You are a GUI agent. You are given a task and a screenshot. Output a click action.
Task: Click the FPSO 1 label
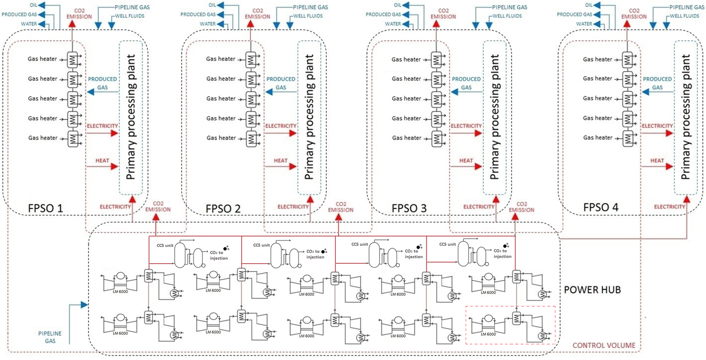pyautogui.click(x=45, y=208)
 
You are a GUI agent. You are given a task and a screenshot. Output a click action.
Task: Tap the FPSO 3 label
pyautogui.click(x=409, y=208)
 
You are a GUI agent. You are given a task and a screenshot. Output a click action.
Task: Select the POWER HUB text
pyautogui.click(x=592, y=290)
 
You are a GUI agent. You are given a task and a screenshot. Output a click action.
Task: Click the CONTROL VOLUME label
pyautogui.click(x=604, y=345)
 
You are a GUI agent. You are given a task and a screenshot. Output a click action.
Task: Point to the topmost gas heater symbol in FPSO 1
pyautogui.click(x=73, y=60)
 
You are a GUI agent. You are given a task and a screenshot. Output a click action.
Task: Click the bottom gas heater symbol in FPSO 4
pyautogui.click(x=628, y=138)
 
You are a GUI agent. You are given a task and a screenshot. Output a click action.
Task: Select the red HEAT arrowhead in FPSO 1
pyautogui.click(x=115, y=166)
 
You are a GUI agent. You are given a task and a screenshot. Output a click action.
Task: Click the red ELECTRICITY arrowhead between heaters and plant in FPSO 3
pyautogui.click(x=479, y=133)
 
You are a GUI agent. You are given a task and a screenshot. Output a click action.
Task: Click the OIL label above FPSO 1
pyautogui.click(x=33, y=5)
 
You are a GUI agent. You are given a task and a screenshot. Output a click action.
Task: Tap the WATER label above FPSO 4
pyautogui.click(x=584, y=24)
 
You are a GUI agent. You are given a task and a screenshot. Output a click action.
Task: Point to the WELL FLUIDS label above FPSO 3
pyautogui.click(x=507, y=16)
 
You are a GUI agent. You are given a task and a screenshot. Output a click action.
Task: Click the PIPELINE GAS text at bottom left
pyautogui.click(x=50, y=337)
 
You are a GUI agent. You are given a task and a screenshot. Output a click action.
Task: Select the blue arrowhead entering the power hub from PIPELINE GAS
pyautogui.click(x=84, y=305)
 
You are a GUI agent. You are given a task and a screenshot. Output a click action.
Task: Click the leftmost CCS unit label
pyautogui.click(x=165, y=245)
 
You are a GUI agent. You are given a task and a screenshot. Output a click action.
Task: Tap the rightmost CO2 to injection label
pyautogui.click(x=502, y=253)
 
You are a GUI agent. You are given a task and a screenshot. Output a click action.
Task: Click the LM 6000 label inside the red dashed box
pyautogui.click(x=488, y=334)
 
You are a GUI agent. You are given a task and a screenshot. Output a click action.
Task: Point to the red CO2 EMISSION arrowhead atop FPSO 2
pyautogui.click(x=250, y=24)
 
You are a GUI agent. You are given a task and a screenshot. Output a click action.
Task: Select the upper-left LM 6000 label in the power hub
pyautogui.click(x=120, y=292)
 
